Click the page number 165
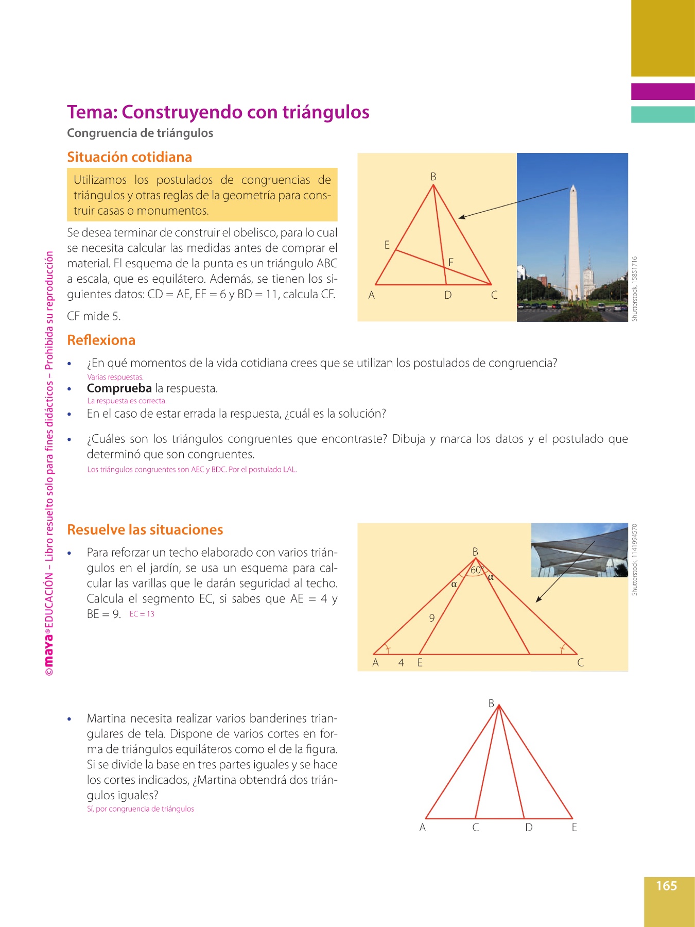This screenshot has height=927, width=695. (666, 886)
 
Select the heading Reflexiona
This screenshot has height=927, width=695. (101, 340)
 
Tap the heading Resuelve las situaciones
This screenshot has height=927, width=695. (145, 529)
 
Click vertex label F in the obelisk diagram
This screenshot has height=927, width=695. (451, 262)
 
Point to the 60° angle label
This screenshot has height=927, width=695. (476, 570)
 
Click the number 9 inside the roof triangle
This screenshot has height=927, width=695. (432, 617)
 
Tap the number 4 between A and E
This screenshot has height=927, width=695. (401, 663)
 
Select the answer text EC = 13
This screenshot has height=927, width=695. (142, 614)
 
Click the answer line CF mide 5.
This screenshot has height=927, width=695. (94, 316)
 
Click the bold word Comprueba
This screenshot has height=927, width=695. (119, 388)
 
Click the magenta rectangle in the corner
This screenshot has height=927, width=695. (663, 92)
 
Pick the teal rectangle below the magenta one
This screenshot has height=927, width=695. (663, 114)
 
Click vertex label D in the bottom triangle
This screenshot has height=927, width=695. (529, 828)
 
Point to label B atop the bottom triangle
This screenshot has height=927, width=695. (491, 703)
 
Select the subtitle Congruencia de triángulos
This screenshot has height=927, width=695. (140, 133)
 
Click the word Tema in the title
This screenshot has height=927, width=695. (91, 112)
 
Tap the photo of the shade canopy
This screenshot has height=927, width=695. (579, 550)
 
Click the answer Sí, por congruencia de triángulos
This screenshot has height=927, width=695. (141, 809)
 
